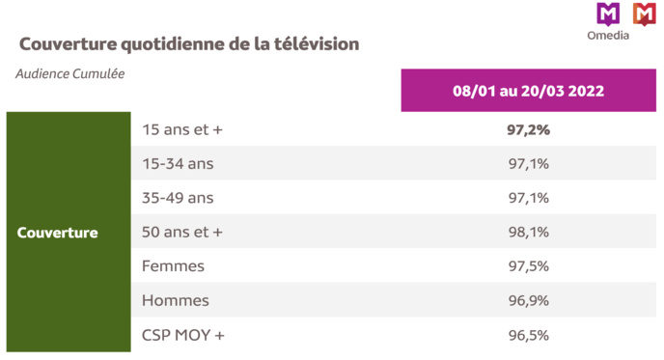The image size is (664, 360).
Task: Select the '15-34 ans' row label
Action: coord(178,164)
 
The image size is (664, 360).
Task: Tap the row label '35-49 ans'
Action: coord(178,198)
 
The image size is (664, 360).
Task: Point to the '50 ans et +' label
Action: coord(182,233)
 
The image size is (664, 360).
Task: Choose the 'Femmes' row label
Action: coord(173,266)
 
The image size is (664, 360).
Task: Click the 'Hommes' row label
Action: coord(175,301)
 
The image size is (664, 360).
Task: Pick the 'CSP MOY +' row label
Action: coord(182,335)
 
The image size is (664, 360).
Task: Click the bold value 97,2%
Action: coord(528,129)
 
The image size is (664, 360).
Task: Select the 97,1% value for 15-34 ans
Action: coord(528,164)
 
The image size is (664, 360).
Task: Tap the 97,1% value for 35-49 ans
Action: coord(528,198)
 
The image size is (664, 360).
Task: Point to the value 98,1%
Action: coord(528,233)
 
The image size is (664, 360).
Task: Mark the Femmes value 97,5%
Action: coord(528,266)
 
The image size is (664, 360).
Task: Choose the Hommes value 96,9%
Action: coord(528,301)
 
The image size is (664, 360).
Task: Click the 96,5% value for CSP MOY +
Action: coord(528,335)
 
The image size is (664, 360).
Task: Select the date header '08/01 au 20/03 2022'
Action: coord(528,91)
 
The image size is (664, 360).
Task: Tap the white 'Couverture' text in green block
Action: coord(58,233)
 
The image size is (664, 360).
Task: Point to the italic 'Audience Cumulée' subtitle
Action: coord(70,73)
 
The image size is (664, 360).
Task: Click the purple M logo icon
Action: coord(607,14)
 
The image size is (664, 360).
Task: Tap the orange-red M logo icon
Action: coord(644,14)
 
